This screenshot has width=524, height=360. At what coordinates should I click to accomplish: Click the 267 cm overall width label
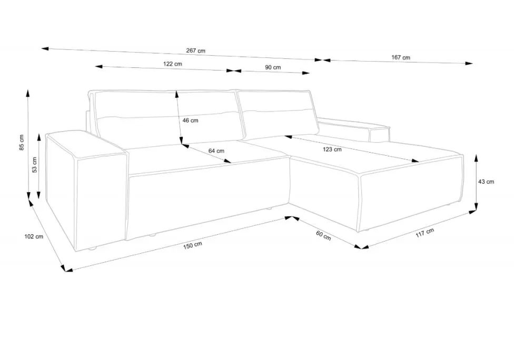click(195, 51)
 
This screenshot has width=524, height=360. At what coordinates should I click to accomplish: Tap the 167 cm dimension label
click(401, 57)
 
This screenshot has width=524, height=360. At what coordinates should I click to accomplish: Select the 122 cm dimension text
click(172, 64)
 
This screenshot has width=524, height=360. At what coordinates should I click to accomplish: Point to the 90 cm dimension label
click(273, 67)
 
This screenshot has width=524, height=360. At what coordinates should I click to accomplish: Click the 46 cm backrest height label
click(190, 120)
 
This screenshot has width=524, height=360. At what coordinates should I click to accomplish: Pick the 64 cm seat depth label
click(216, 151)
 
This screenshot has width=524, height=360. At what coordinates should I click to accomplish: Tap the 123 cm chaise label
click(332, 149)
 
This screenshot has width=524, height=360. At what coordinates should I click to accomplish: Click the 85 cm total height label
click(22, 143)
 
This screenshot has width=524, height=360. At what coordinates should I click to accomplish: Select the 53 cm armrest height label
click(34, 165)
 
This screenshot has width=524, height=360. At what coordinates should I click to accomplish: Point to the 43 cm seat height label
click(486, 182)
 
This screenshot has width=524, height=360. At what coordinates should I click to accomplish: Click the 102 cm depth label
click(34, 236)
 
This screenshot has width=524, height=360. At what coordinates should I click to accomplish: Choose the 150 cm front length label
click(193, 245)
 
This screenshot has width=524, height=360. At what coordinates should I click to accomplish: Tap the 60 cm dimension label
click(323, 235)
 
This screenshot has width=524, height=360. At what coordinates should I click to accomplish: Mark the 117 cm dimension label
click(425, 233)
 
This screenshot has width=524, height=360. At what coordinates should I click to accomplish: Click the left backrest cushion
click(167, 118)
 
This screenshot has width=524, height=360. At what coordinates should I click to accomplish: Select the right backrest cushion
click(277, 114)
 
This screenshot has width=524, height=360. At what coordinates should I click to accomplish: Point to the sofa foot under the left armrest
click(92, 248)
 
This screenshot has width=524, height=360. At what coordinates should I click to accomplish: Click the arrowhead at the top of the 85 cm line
click(28, 93)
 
